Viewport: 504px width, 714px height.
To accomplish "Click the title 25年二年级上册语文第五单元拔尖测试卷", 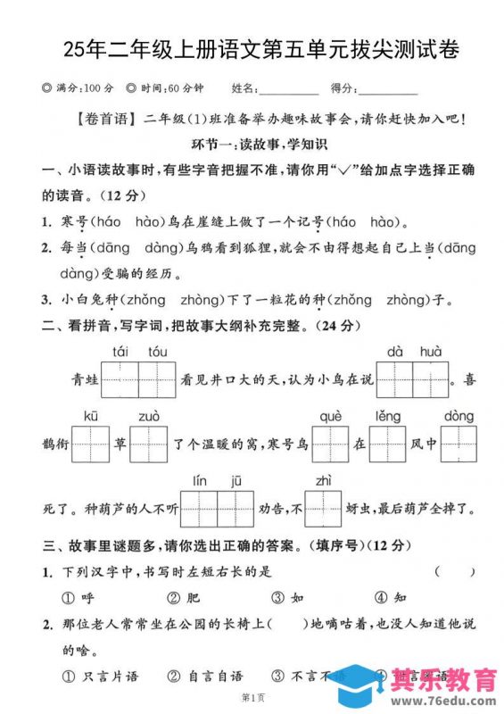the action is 252,48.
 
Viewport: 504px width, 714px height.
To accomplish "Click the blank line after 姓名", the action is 290,89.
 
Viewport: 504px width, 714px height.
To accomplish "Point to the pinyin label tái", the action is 120,351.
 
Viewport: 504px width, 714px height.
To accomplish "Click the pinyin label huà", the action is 430,351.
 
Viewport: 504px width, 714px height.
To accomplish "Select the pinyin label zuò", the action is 149,416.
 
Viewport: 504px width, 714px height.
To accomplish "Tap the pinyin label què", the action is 330,416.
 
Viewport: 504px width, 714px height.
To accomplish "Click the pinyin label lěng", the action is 387,416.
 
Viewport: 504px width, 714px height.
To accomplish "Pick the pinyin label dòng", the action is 459,416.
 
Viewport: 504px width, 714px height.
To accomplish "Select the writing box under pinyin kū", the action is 89,444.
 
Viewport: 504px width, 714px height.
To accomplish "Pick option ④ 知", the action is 391,597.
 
